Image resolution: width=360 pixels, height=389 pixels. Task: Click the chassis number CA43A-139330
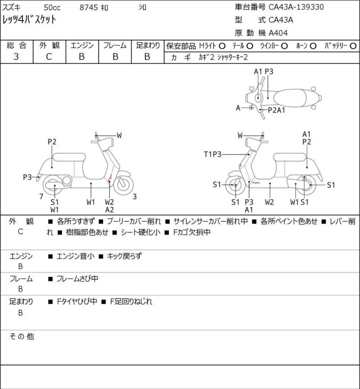[296, 7]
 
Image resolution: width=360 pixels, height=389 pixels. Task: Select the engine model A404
[278, 33]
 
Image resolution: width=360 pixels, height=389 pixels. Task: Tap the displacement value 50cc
[52, 8]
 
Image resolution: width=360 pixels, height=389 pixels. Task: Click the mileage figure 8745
[89, 8]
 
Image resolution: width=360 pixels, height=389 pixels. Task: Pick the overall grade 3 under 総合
[16, 57]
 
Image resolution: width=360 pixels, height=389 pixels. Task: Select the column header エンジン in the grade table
[82, 45]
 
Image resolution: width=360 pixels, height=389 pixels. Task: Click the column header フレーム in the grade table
[115, 45]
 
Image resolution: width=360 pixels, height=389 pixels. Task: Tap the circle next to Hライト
[222, 46]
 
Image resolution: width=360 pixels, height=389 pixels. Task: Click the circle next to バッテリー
[353, 46]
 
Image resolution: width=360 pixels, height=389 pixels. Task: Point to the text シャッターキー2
[232, 57]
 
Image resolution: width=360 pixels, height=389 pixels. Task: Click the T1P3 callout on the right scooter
[212, 154]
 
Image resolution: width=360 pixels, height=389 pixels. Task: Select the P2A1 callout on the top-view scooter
[276, 110]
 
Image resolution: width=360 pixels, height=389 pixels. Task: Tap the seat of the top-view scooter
[290, 98]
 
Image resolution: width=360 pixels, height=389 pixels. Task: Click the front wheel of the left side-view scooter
[123, 184]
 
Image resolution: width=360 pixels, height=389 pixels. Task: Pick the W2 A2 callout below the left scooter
[109, 206]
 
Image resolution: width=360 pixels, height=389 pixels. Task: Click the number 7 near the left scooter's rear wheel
[41, 197]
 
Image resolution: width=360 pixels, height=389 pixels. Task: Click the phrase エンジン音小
[76, 256]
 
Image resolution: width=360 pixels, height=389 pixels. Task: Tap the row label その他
[22, 336]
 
